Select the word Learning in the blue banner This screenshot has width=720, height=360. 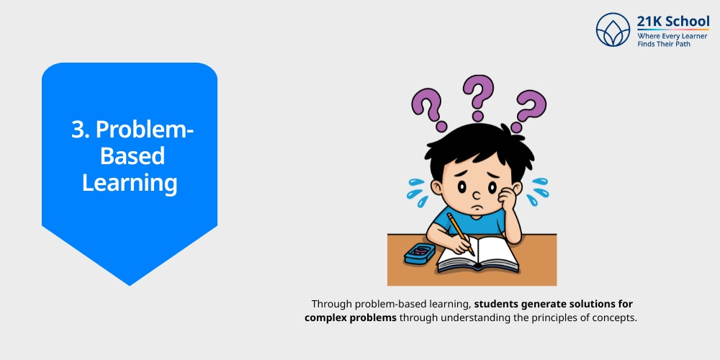[x=130, y=182]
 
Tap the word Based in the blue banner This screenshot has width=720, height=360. [x=132, y=156]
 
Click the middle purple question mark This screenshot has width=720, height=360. [x=477, y=96]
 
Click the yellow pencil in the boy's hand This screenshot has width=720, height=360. [x=460, y=233]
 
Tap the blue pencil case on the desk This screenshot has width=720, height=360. [x=420, y=252]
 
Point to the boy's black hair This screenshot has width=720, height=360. [x=476, y=148]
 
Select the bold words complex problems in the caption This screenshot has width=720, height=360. [x=350, y=318]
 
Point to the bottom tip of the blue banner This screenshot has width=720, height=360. [x=130, y=284]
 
